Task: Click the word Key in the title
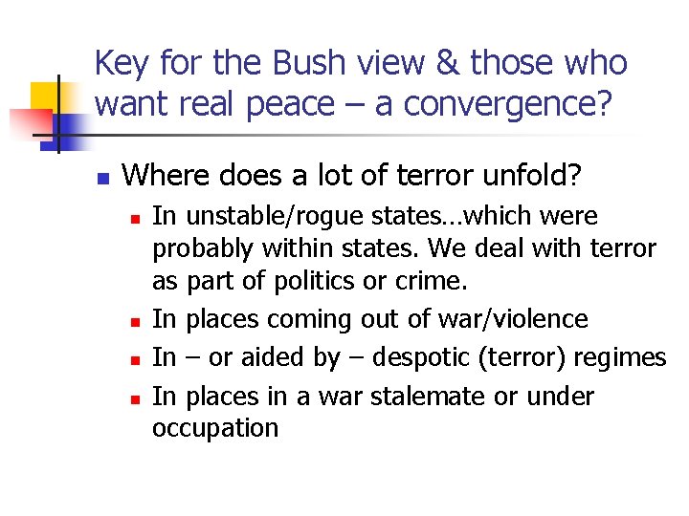tap(123, 64)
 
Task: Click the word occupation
tap(215, 428)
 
